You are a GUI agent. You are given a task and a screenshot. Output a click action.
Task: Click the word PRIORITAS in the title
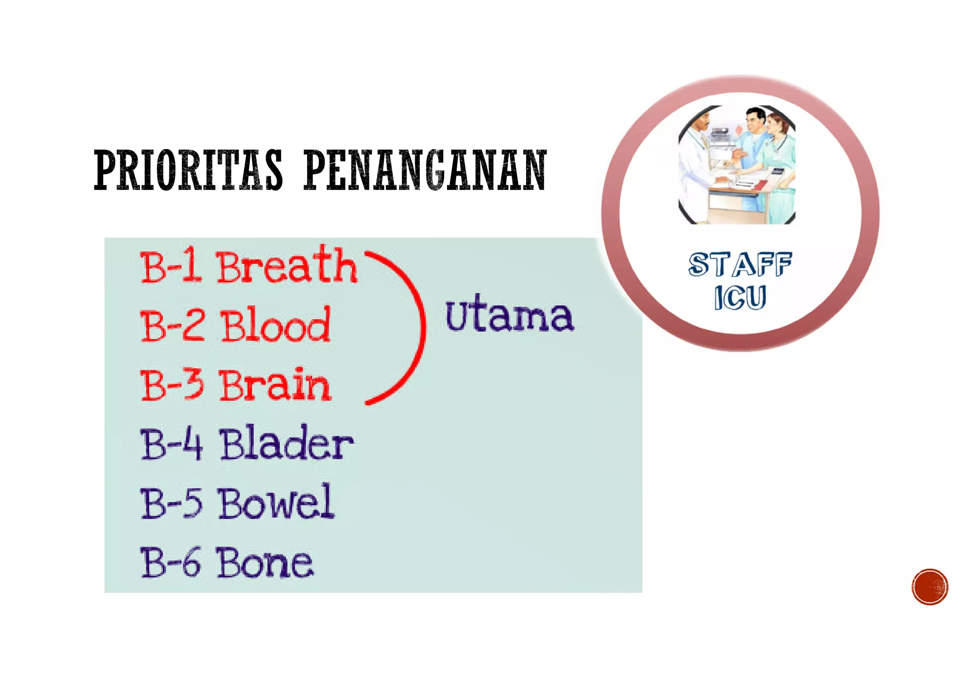188,170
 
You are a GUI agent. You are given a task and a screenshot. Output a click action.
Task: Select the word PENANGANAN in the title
425,170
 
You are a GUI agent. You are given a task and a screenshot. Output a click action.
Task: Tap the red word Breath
287,266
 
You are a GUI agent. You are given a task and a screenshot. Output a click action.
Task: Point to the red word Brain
275,385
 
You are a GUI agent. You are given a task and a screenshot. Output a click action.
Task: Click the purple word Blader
286,444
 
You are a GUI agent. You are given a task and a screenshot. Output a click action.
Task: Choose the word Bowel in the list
276,502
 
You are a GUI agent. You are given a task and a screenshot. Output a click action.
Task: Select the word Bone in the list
265,562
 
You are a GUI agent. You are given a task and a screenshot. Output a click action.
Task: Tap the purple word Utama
510,314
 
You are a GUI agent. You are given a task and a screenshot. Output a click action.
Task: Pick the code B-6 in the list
171,562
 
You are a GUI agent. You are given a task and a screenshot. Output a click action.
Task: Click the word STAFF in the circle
740,264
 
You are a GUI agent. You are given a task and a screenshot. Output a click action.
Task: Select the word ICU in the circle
740,298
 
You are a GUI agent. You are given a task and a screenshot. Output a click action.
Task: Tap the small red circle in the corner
930,587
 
